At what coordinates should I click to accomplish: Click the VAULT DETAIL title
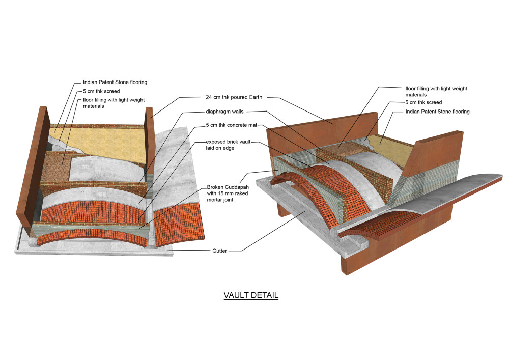[251, 295]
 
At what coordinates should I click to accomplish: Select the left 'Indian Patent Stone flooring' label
[115, 82]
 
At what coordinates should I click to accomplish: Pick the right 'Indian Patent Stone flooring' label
[437, 111]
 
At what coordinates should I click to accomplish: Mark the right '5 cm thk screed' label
[423, 102]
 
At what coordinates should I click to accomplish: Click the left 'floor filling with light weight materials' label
[117, 103]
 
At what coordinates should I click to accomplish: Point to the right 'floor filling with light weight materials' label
[436, 91]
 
